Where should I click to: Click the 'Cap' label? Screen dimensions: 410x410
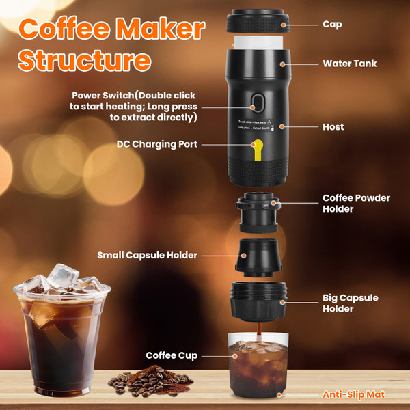pyautogui.click(x=332, y=25)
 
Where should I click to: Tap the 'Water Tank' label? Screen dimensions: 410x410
pyautogui.click(x=350, y=64)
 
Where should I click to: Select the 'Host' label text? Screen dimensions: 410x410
pyautogui.click(x=333, y=127)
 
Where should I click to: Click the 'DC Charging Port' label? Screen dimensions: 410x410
pyautogui.click(x=158, y=144)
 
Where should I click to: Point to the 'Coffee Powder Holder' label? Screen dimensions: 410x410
pyautogui.click(x=356, y=204)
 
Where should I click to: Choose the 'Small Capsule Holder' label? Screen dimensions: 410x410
pyautogui.click(x=147, y=255)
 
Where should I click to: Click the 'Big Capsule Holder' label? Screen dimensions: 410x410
pyautogui.click(x=350, y=303)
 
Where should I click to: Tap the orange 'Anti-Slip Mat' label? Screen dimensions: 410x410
pyautogui.click(x=354, y=394)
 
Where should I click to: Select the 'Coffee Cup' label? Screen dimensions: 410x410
pyautogui.click(x=172, y=355)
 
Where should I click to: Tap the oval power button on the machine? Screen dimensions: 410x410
pyautogui.click(x=258, y=103)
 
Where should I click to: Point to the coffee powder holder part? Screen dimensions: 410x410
pyautogui.click(x=258, y=213)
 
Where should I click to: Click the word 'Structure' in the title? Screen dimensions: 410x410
pyautogui.click(x=84, y=59)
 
